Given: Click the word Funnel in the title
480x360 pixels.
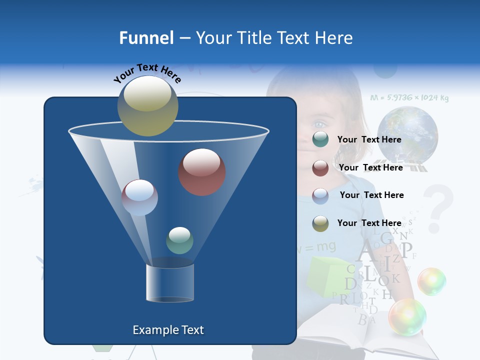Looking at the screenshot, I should pos(146,38).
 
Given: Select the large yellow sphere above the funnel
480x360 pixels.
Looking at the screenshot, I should pos(147,105).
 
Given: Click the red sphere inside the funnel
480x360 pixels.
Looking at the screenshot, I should pos(201,172).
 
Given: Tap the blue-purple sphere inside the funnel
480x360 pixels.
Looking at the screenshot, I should pos(139,197).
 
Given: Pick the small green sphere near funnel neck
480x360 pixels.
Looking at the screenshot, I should pos(179,240).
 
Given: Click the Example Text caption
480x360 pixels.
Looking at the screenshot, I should pos(168,330).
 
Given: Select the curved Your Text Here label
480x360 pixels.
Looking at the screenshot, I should pos(147,73).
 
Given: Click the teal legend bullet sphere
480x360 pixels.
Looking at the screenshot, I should pos(320,139).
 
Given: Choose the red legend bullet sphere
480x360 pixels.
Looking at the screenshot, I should pos(320,168).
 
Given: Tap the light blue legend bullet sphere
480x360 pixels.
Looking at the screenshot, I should pos(320,195).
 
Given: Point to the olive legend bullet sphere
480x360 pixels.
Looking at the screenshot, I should pos(320,223).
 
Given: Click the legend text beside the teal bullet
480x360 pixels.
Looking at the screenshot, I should pos(369,139).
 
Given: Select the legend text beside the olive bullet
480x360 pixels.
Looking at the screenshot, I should pos(369,223).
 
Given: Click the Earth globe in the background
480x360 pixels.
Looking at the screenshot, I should pos(407,135).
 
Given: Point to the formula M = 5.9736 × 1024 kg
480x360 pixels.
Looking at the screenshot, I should pos(409,98).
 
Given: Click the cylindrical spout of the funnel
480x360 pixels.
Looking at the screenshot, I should pos(170,283).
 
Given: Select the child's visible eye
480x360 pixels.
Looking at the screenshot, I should pos(318,124).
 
